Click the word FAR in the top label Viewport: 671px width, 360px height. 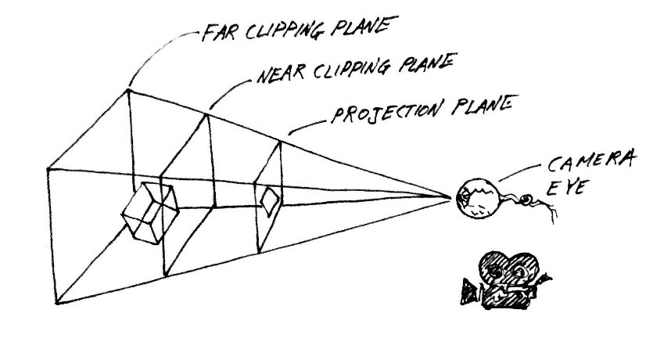click(x=218, y=33)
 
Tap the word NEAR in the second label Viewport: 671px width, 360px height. click(x=280, y=74)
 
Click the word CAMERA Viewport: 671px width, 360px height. click(x=591, y=161)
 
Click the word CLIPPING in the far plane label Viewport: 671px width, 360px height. click(x=284, y=31)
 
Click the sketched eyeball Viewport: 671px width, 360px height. click(x=478, y=198)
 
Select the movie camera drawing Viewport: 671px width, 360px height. click(x=505, y=280)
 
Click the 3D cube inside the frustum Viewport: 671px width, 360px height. click(x=150, y=212)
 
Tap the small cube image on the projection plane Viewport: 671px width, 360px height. click(x=270, y=200)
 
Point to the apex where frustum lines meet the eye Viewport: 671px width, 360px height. click(x=450, y=197)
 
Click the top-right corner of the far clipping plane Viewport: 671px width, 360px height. click(x=127, y=90)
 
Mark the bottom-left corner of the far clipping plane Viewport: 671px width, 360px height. click(x=56, y=303)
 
